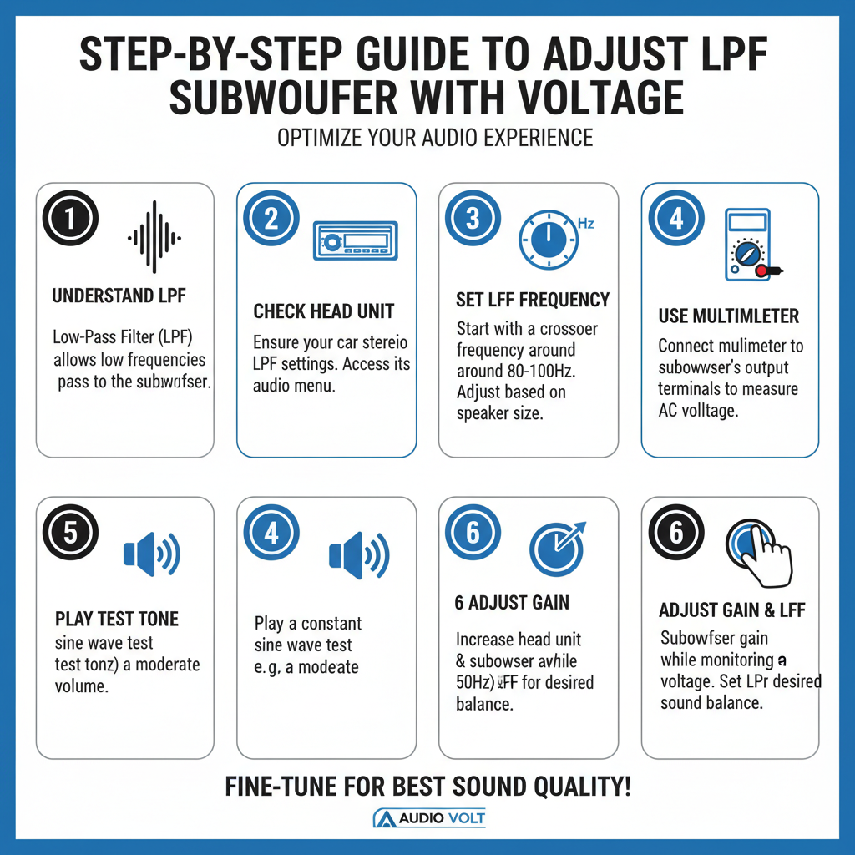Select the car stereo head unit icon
pos(354,241)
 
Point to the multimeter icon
pos(749,244)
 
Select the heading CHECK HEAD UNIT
pos(324,311)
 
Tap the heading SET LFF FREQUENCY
pos(533,300)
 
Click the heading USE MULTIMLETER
pos(729,316)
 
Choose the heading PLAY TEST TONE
pos(117,619)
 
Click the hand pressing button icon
pos(759,550)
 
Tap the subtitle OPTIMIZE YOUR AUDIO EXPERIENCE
pos(435,138)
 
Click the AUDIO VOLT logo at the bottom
pos(428,818)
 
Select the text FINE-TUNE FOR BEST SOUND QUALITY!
pos(427,786)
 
